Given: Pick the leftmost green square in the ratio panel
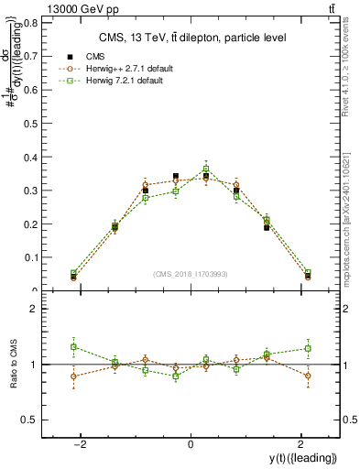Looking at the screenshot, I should click(x=74, y=346).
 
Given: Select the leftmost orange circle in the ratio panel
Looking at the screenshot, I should click(x=74, y=376).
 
